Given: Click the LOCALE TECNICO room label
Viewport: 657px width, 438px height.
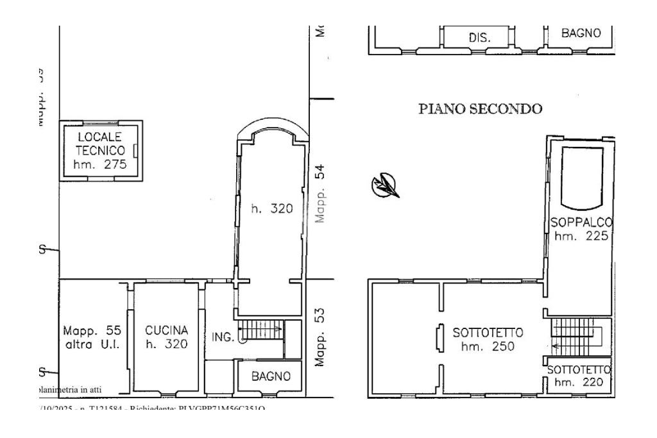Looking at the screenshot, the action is click(101, 143).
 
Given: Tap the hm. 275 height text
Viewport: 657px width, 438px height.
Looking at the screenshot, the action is click(101, 165).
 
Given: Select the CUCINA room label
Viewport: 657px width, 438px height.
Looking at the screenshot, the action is click(166, 331).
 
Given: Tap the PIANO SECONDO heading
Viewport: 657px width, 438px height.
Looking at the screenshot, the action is click(481, 109).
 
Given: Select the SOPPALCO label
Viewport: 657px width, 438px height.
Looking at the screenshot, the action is click(581, 223).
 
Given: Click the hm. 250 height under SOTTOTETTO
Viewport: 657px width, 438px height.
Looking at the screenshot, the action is click(488, 347).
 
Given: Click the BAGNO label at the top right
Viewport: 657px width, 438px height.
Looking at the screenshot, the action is click(581, 33).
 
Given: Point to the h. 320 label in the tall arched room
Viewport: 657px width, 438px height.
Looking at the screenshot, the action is click(271, 208).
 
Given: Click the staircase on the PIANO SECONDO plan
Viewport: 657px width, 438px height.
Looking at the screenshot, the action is click(576, 338).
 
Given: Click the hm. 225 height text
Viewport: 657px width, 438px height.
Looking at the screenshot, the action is click(581, 236).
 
